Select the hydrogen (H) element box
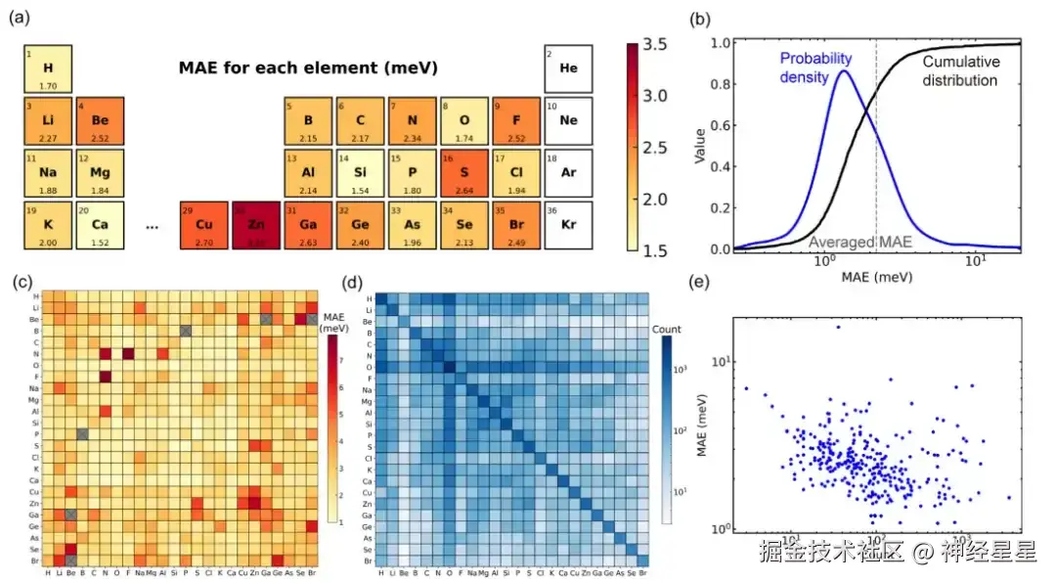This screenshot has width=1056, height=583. [x=47, y=69]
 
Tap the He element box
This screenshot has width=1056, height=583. [x=568, y=69]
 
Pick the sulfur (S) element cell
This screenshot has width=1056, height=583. [x=463, y=173]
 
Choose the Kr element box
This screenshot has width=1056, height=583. [x=568, y=225]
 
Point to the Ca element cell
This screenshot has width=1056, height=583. [x=99, y=225]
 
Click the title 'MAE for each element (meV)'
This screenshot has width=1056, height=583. [x=307, y=68]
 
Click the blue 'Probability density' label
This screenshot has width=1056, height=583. [x=816, y=67]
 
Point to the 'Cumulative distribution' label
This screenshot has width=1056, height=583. [x=961, y=70]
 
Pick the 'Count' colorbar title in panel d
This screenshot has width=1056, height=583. [x=667, y=330]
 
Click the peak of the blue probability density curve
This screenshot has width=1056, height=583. [x=843, y=71]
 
